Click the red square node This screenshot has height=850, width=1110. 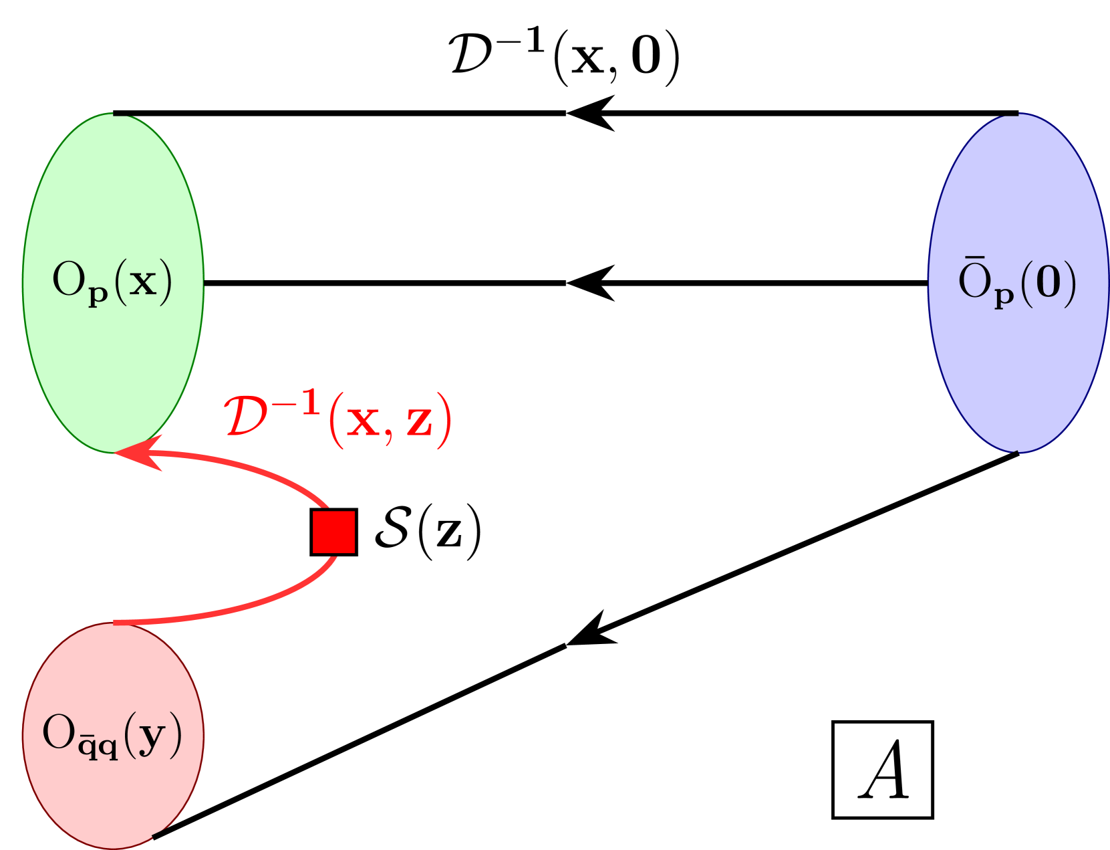pos(333,532)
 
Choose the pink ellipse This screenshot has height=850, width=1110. pos(113,789)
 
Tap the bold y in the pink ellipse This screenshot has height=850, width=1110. pos(152,736)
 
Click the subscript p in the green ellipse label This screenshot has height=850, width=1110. pos(98,296)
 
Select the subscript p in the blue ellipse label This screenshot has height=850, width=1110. pos(1004,296)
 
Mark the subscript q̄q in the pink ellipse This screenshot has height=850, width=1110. pos(98,748)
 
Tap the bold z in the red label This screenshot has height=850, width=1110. pos(420,423)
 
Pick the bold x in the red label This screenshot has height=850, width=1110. pos(363,423)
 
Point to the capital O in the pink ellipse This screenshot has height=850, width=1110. pos(59,732)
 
